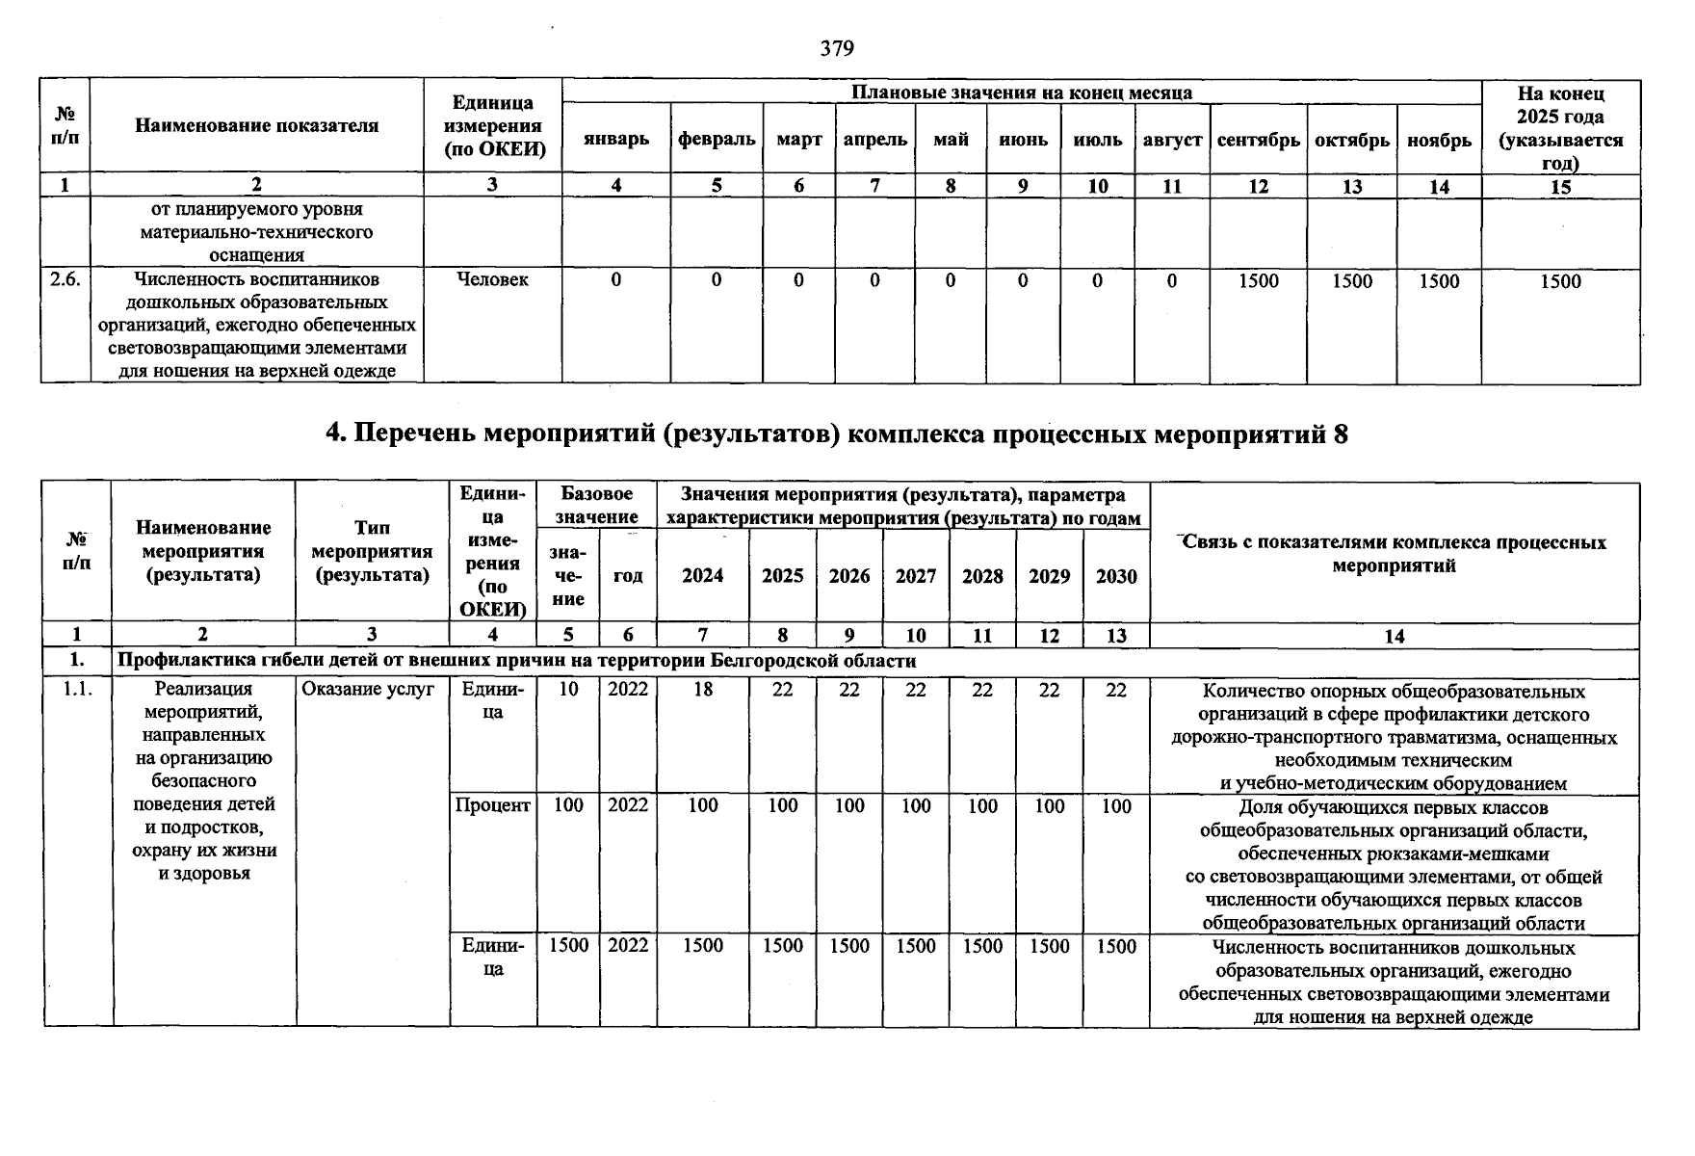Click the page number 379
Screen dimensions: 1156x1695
(837, 48)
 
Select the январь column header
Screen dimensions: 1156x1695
(615, 139)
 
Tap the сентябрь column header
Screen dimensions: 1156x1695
(1258, 140)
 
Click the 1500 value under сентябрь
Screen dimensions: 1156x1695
(1258, 281)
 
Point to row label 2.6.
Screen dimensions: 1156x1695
(65, 279)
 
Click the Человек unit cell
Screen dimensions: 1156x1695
(492, 279)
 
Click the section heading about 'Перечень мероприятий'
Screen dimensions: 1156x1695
(837, 434)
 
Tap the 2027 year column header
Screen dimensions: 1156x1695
(915, 576)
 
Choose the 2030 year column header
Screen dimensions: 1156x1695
(1116, 576)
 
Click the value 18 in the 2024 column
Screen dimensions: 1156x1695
(703, 691)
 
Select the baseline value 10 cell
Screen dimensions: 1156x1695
(568, 691)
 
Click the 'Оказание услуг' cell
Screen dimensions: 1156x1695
(369, 691)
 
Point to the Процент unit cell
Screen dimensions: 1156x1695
(492, 806)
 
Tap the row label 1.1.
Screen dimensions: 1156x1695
(77, 691)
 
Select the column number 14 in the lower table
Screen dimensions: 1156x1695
(1394, 636)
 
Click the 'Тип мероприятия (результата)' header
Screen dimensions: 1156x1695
(372, 552)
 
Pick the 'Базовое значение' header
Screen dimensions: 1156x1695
(597, 506)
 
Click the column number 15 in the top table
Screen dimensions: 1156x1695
(1560, 187)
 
